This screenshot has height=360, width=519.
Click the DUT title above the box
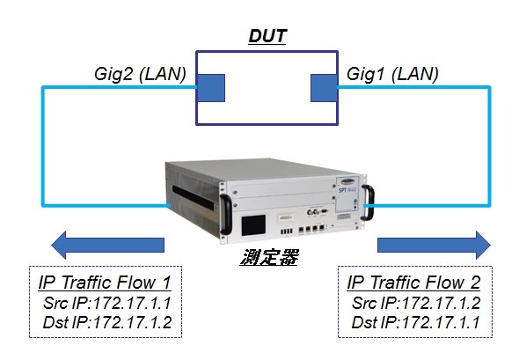coord(267,36)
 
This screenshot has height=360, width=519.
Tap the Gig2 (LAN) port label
coord(140,74)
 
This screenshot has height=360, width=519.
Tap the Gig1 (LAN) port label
coord(392,74)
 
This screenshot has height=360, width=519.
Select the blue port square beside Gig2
coord(211,88)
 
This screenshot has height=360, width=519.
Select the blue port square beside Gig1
coord(324,88)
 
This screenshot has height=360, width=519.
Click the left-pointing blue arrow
coord(108,245)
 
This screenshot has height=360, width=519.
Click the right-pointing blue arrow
coord(434,245)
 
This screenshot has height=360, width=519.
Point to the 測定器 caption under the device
coord(269,257)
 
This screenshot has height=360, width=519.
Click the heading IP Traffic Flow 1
coord(105,283)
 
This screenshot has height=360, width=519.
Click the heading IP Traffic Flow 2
coord(413,283)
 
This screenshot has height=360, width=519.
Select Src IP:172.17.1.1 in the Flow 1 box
coord(107,303)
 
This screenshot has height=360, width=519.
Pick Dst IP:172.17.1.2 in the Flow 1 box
coord(107,322)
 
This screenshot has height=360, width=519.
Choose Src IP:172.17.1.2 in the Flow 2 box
coord(416,303)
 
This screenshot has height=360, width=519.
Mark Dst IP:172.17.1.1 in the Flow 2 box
coord(415,322)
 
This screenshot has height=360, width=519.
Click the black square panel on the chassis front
coord(253,225)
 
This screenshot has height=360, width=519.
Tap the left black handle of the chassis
coord(226,214)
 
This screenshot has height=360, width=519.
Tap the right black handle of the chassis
coord(368,202)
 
